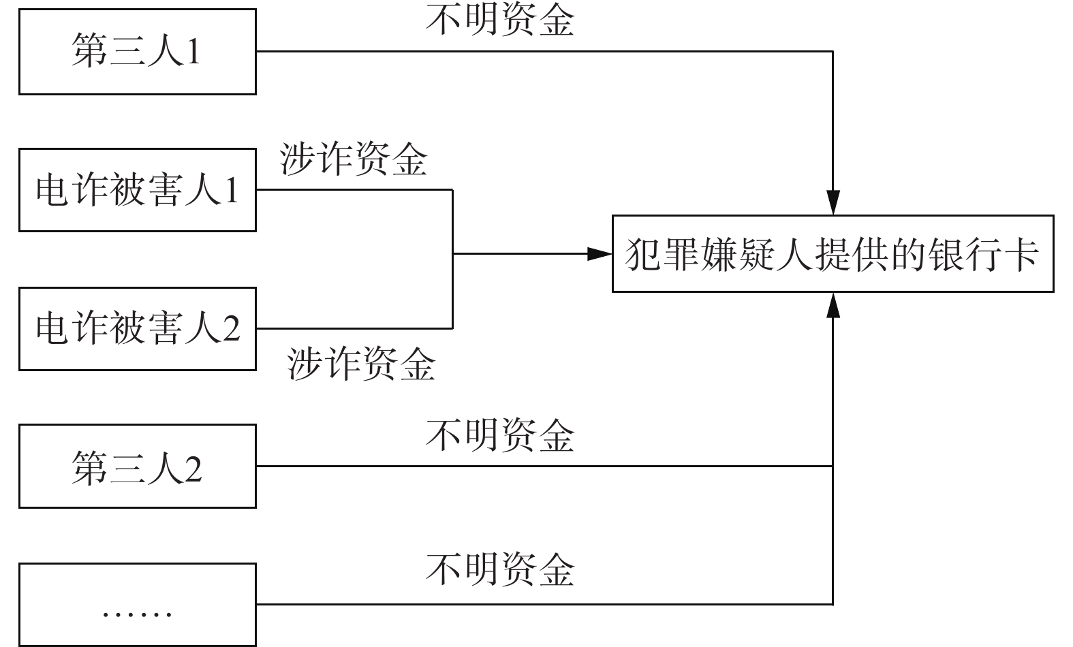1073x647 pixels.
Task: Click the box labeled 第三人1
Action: (137, 52)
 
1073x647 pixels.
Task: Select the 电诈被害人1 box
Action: (137, 190)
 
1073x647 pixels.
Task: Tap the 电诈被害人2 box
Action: (137, 329)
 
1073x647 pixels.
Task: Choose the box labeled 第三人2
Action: (137, 467)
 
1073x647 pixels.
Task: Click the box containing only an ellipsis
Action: (137, 605)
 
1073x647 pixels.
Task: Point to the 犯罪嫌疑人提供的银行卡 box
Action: (833, 253)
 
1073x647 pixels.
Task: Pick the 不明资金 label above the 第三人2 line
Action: (500, 435)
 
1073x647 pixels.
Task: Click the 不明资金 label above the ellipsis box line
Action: (500, 570)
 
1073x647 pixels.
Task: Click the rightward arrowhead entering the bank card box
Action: (600, 253)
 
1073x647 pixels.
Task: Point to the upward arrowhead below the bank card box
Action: (833, 304)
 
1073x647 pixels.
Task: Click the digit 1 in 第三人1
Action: (193, 52)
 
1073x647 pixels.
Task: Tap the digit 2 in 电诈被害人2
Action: (232, 329)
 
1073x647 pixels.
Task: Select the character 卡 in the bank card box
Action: (1023, 254)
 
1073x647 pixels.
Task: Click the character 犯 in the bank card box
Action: (642, 254)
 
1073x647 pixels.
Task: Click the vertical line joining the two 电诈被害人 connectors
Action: (453, 259)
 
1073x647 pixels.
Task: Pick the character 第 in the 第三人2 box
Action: (89, 468)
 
